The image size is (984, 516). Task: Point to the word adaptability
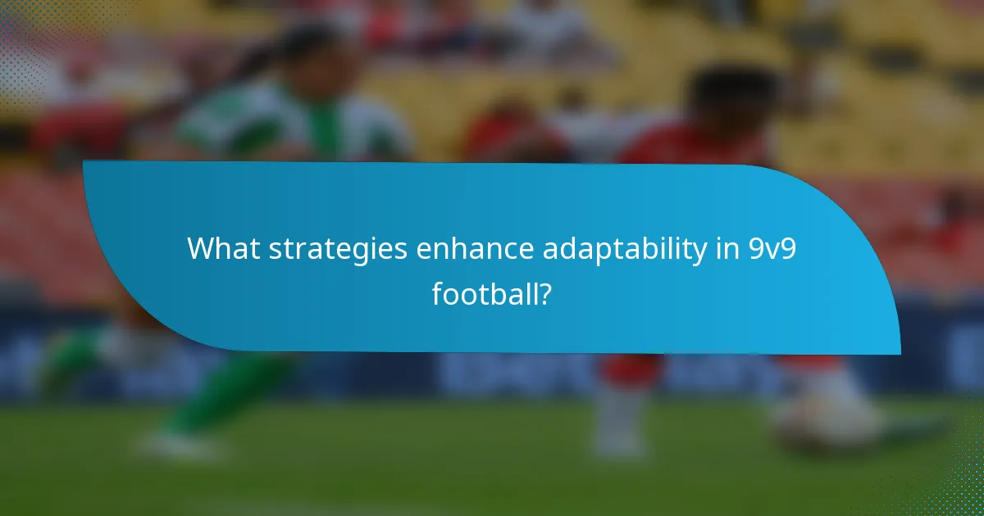[624, 248]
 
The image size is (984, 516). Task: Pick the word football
[485, 293]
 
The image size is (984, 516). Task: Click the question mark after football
[544, 293]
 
